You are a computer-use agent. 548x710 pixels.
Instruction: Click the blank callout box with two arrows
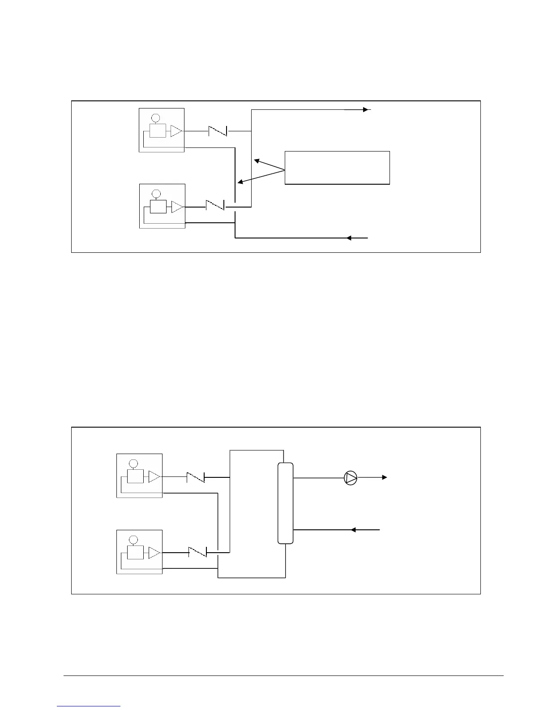[x=337, y=168]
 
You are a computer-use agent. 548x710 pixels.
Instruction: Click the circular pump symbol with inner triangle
[x=351, y=478]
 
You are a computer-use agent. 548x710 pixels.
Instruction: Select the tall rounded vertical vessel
[x=285, y=503]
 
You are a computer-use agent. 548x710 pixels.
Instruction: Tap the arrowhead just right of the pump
[x=384, y=478]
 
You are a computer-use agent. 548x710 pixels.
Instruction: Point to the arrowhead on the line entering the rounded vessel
[x=353, y=530]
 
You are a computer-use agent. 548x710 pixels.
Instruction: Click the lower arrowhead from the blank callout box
[x=240, y=182]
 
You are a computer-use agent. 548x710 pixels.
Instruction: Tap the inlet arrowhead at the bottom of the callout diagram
[x=349, y=238]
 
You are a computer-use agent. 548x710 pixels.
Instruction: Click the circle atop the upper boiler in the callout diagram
[x=155, y=118]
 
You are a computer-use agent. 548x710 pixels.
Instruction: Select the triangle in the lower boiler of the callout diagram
[x=177, y=207]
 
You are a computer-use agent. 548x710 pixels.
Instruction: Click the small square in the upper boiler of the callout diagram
[x=158, y=131]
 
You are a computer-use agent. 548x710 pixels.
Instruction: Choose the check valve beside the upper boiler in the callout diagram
[x=218, y=131]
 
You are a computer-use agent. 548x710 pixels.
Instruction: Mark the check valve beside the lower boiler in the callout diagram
[x=215, y=207]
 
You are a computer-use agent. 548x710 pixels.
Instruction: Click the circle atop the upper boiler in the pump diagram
[x=133, y=463]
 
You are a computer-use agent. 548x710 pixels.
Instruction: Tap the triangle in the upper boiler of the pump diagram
[x=154, y=476]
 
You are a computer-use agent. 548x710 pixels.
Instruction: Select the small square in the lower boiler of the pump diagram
[x=135, y=553]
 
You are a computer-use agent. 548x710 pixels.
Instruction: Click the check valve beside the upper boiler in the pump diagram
[x=196, y=477]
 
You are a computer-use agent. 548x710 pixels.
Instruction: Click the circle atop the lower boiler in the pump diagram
[x=133, y=540]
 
